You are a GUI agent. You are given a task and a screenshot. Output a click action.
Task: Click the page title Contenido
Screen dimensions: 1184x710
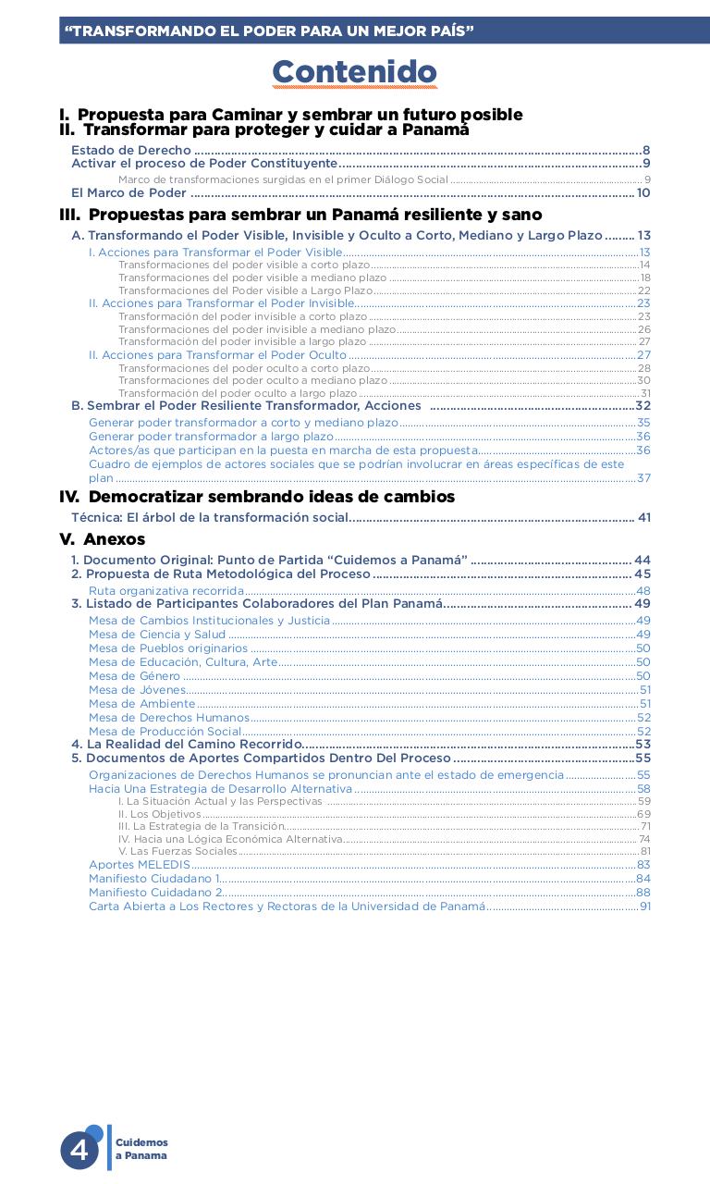(354, 72)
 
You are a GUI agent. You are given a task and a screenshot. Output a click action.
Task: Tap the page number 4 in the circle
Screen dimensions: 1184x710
(80, 1150)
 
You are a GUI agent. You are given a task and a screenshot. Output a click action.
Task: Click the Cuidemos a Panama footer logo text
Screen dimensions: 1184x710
(141, 1150)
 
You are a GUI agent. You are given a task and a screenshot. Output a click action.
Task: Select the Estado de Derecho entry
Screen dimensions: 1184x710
(131, 150)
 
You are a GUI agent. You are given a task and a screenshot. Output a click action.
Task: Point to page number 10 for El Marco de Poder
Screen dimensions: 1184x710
(643, 193)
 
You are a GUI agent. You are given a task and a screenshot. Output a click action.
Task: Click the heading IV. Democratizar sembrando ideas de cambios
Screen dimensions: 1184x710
(257, 497)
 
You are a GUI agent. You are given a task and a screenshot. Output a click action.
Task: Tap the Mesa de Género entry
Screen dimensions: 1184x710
(134, 676)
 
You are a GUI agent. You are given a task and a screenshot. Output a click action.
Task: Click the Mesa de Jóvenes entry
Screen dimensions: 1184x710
(137, 690)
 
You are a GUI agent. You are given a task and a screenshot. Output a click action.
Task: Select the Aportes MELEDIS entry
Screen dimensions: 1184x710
(139, 865)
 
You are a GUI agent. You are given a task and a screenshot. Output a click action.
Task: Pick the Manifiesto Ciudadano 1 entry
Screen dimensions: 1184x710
(154, 879)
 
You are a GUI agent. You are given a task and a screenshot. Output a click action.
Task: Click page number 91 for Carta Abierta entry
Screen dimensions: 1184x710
(645, 906)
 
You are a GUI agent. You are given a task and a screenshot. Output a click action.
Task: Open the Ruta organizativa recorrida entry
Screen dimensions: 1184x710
(166, 591)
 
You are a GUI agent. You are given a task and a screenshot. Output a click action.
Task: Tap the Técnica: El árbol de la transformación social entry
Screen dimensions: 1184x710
(210, 518)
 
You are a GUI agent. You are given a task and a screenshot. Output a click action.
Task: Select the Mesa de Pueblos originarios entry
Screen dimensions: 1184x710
(155, 648)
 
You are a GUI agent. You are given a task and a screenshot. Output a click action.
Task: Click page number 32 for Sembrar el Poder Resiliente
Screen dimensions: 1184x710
(643, 406)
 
